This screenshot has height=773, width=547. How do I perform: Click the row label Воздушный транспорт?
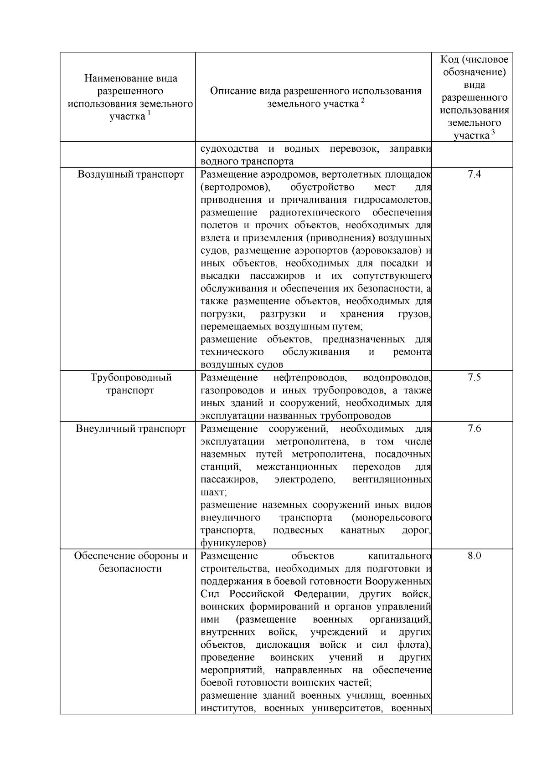tap(130, 174)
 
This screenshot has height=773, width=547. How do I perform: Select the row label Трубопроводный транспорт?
tap(130, 384)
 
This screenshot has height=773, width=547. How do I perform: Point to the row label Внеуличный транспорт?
tap(130, 429)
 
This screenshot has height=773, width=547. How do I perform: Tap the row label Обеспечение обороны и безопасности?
tap(130, 562)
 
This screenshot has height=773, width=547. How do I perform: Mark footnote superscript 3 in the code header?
tap(493, 133)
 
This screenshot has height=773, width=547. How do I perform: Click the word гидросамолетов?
tap(392, 200)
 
